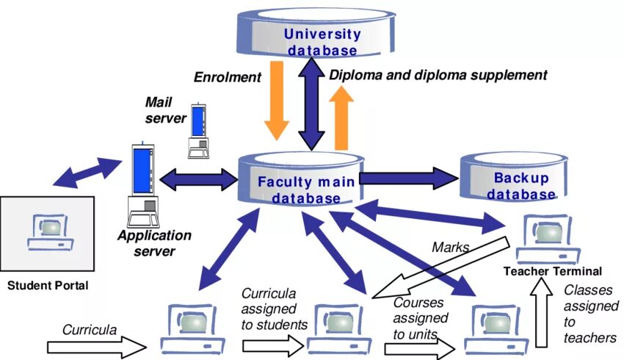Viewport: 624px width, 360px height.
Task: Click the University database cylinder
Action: click(x=323, y=34)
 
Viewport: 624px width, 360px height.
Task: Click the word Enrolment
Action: click(x=228, y=76)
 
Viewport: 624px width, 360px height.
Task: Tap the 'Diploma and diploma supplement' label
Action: click(x=438, y=75)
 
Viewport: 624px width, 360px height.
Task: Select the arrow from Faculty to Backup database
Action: click(x=407, y=177)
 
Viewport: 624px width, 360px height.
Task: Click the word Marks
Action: click(x=450, y=247)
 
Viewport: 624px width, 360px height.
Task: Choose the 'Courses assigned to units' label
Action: click(x=421, y=318)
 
